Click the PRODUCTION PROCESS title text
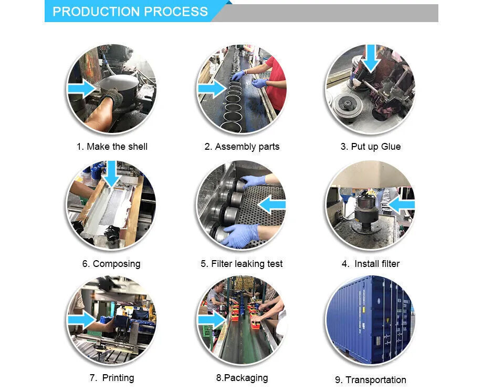(130, 12)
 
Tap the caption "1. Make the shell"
(112, 147)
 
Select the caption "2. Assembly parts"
(242, 147)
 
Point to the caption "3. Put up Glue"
(371, 147)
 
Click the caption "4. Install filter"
(371, 264)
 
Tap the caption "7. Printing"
(112, 378)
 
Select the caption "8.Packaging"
(242, 378)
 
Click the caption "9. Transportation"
(371, 379)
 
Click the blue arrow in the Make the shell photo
(82, 88)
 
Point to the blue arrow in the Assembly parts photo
(212, 88)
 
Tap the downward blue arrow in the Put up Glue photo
(371, 58)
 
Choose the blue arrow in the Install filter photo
(402, 205)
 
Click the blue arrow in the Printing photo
(82, 320)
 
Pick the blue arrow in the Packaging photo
(212, 320)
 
